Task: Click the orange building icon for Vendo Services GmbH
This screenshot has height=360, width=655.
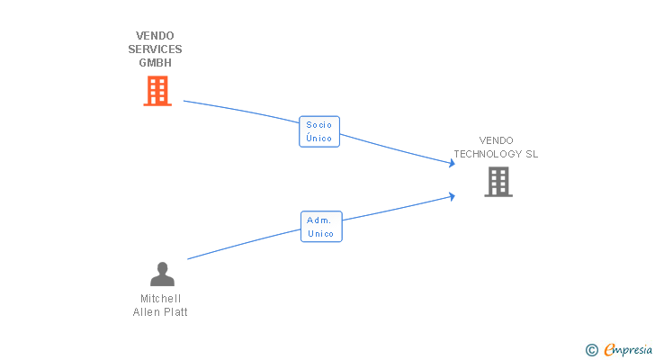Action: point(157,91)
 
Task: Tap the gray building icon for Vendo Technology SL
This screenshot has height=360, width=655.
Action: point(498,182)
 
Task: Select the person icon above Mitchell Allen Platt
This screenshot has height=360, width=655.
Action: point(162,274)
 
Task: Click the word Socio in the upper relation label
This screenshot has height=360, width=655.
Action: point(319,125)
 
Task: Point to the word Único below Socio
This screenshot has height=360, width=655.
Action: point(319,139)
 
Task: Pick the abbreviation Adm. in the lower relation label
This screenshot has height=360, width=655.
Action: point(319,220)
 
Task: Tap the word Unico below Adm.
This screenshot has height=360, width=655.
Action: point(320,234)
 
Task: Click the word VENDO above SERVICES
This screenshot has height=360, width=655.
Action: point(155,36)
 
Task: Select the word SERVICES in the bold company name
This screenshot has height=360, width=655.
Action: point(155,49)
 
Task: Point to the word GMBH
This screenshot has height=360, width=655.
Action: point(155,63)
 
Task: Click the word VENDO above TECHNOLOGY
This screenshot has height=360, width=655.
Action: point(496,140)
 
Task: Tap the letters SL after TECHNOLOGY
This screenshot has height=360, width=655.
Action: point(532,154)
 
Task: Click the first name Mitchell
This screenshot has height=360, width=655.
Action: point(161,299)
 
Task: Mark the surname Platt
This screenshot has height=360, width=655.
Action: point(175,312)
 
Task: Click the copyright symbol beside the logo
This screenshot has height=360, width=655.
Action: point(592,350)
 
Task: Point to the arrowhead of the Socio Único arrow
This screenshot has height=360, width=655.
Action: point(453,163)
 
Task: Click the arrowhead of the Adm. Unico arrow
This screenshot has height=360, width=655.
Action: point(453,194)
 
